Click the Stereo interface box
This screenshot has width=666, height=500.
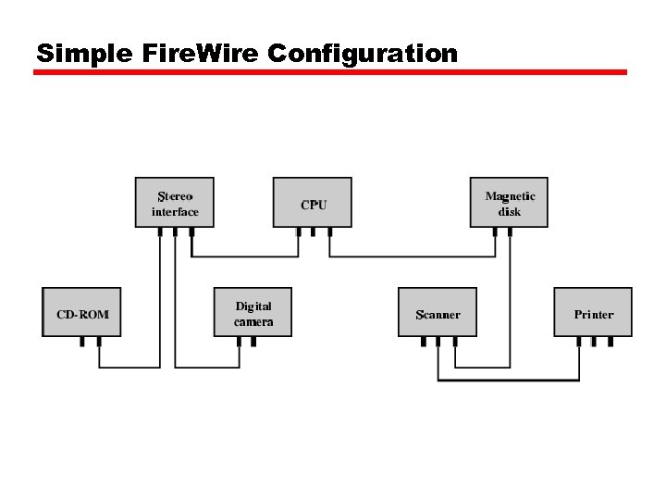click(175, 203)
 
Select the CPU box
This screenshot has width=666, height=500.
click(313, 203)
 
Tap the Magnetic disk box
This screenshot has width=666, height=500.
click(509, 203)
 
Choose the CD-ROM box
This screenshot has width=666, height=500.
click(82, 313)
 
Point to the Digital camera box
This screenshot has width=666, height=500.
click(253, 313)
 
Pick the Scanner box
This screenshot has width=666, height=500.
click(438, 313)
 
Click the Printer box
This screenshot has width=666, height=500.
click(593, 313)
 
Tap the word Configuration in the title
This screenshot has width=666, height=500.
click(363, 54)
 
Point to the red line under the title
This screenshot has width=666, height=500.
click(330, 72)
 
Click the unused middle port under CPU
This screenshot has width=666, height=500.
click(314, 231)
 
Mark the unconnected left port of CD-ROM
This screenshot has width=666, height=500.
click(81, 342)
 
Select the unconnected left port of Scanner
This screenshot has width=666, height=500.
click(423, 342)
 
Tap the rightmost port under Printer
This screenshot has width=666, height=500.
click(610, 342)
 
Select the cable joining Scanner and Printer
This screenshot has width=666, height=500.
click(509, 381)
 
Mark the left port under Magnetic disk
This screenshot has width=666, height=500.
click(495, 231)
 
